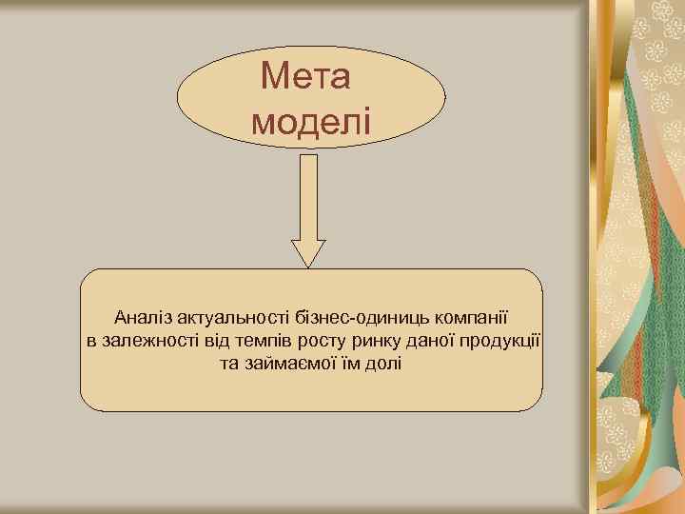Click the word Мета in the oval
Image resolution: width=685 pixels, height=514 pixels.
tap(305, 75)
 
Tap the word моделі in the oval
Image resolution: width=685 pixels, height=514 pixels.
tap(310, 121)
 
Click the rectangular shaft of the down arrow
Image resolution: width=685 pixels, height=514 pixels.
tap(308, 195)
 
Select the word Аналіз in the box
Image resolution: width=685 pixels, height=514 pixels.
tap(143, 316)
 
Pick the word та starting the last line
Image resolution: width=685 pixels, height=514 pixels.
tap(228, 364)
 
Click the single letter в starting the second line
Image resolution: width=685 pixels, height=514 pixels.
tap(91, 340)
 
